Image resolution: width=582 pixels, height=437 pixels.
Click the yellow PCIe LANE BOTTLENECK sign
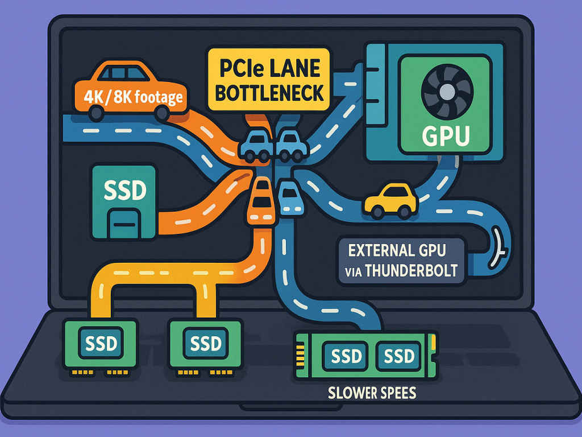[268, 80]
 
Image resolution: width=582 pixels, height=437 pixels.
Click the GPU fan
[446, 91]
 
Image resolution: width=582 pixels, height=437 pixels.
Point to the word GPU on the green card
[446, 137]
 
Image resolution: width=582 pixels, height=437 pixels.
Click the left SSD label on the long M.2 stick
[346, 357]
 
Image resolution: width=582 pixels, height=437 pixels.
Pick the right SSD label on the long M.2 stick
[399, 357]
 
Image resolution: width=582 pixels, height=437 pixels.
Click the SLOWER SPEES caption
[372, 393]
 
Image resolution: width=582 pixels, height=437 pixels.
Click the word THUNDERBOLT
[411, 270]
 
